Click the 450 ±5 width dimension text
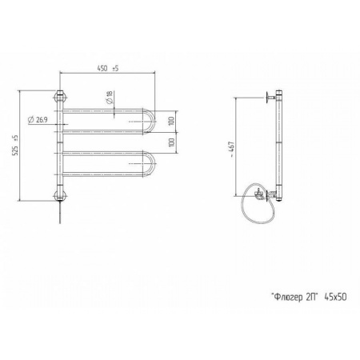point(108,68)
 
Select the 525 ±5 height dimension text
point(16,146)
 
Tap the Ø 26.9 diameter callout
point(38,120)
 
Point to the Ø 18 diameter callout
point(110,98)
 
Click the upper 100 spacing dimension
point(172,121)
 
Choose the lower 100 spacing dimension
point(172,142)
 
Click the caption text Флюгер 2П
point(295,297)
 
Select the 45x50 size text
point(335,297)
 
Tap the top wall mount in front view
point(61,97)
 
